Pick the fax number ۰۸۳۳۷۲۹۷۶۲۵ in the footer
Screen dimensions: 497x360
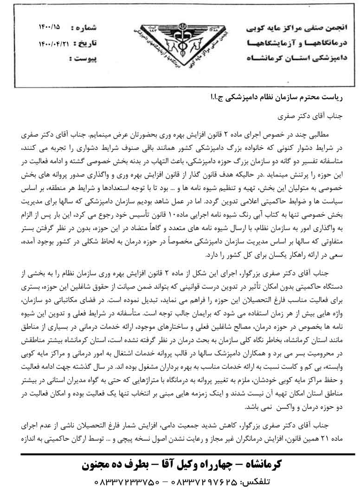click(204, 482)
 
